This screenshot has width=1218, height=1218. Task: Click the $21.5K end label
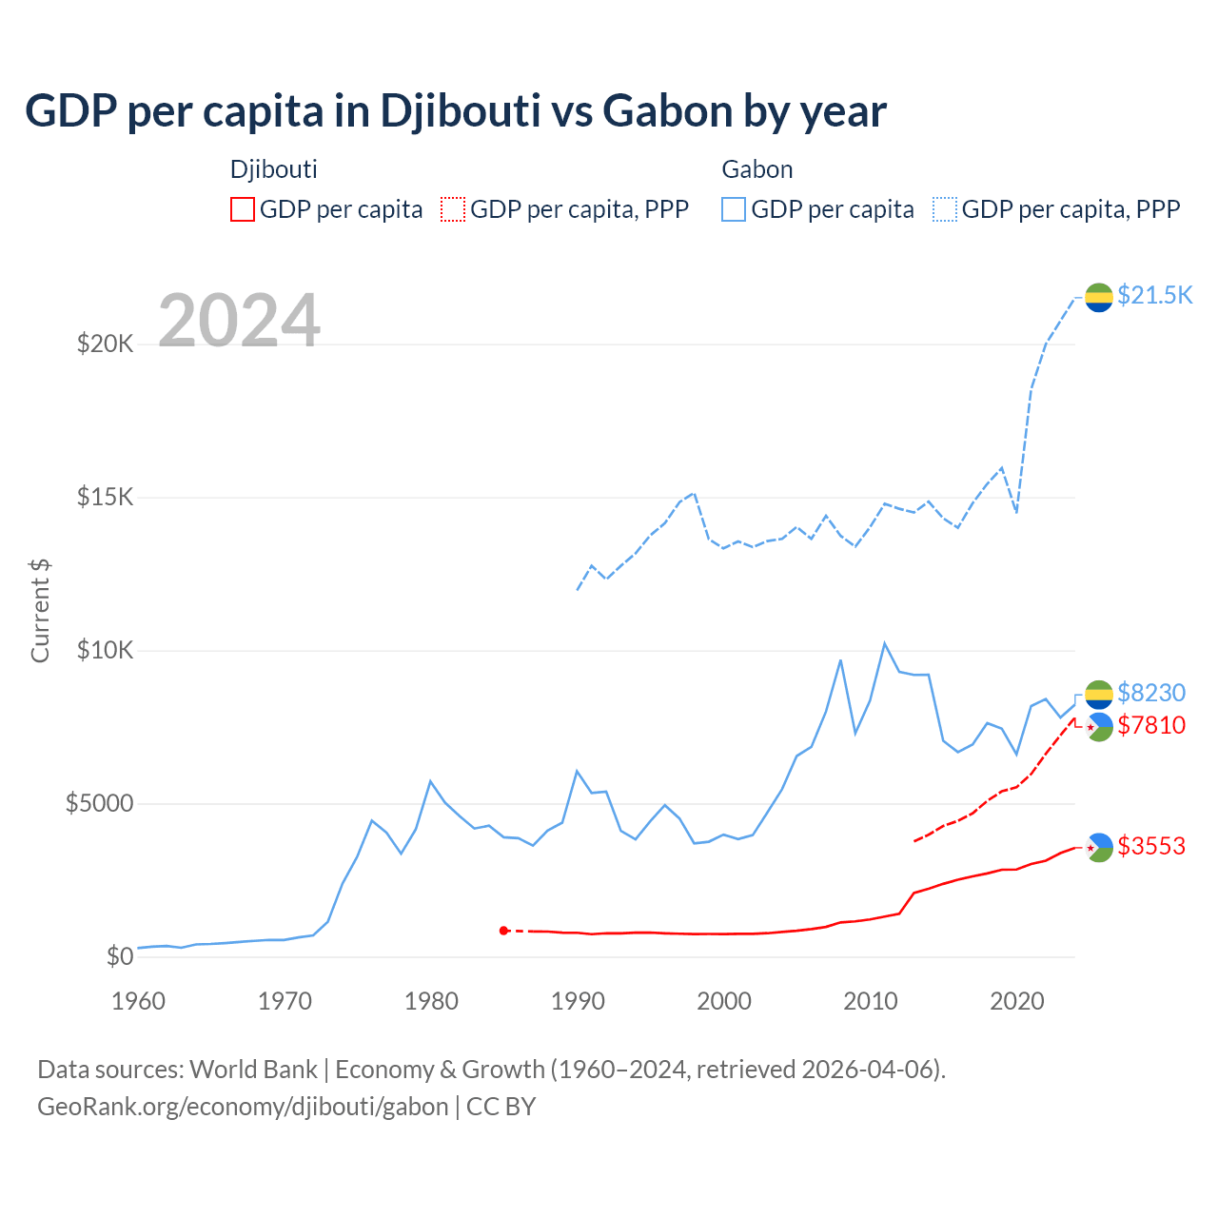[x=1154, y=295]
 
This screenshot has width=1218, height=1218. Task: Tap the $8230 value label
[x=1151, y=692]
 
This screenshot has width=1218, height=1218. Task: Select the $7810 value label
[x=1151, y=725]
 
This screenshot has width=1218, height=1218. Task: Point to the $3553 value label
[x=1151, y=846]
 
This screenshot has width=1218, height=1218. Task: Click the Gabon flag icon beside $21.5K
[x=1099, y=297]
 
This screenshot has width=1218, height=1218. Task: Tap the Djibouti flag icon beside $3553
[x=1099, y=847]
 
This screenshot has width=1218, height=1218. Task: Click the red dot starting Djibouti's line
[x=503, y=931]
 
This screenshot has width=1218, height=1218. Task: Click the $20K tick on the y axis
[x=106, y=344]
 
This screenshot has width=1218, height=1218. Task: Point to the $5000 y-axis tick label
[x=99, y=803]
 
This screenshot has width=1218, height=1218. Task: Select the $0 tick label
[x=119, y=956]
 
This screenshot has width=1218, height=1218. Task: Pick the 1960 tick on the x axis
[x=139, y=1001]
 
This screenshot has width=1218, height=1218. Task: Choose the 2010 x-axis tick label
[x=871, y=1001]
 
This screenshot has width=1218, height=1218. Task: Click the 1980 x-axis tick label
[x=431, y=1001]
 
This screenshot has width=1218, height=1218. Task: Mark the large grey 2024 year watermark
[x=239, y=321]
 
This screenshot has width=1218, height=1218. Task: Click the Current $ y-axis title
[x=40, y=611]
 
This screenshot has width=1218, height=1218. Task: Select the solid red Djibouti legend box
[x=243, y=209]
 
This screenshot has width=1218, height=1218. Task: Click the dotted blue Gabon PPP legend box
[x=944, y=209]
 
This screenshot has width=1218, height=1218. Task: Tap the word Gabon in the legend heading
[x=756, y=169]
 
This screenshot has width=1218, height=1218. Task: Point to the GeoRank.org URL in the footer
[x=243, y=1107]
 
